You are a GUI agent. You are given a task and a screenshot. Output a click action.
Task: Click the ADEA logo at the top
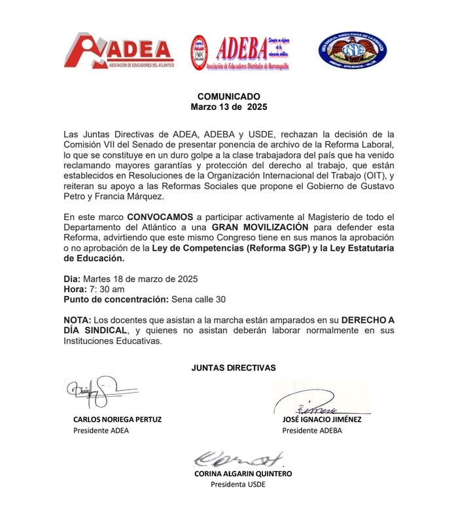coord(118,51)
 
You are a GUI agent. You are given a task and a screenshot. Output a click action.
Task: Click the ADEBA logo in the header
coord(239,52)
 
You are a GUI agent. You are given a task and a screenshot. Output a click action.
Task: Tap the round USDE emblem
coord(352,51)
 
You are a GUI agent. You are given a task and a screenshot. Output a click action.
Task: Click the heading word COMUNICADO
coord(229,96)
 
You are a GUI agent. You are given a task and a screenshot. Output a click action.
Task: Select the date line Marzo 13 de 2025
coord(229,106)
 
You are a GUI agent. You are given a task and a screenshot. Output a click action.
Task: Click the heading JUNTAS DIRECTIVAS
coord(234,367)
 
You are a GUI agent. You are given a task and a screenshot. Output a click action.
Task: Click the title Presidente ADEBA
coord(311,431)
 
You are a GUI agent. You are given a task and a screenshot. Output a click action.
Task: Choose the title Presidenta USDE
coord(238,485)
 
